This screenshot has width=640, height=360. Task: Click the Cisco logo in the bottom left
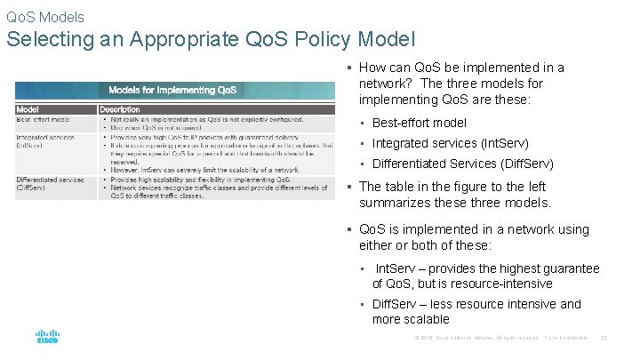click(47, 337)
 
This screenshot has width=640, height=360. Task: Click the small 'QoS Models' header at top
click(45, 17)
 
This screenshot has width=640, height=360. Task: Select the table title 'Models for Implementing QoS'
click(172, 90)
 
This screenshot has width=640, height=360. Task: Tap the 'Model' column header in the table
click(28, 109)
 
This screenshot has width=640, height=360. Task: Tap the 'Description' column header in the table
click(120, 109)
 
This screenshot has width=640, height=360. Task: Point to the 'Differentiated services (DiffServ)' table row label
click(50, 184)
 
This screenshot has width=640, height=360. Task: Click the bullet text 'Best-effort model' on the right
click(419, 123)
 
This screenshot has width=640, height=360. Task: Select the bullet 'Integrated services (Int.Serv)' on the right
click(450, 143)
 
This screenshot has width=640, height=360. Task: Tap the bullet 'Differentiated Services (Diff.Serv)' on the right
click(462, 164)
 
